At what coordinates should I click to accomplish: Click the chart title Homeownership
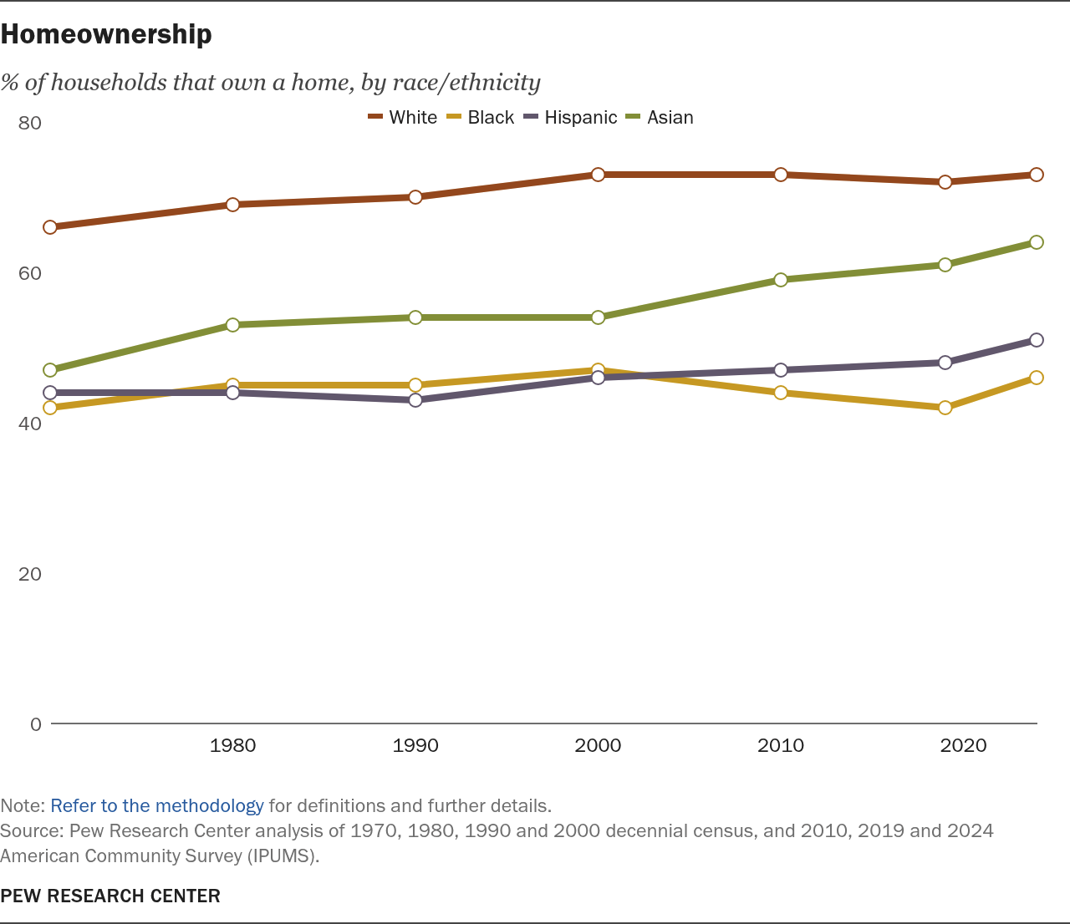pyautogui.click(x=106, y=34)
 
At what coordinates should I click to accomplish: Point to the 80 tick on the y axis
pyautogui.click(x=30, y=123)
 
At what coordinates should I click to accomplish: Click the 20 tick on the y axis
pyautogui.click(x=30, y=574)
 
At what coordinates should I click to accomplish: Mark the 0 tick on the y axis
pyautogui.click(x=35, y=724)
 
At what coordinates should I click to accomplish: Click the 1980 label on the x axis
pyautogui.click(x=233, y=745)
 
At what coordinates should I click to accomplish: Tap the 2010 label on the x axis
pyautogui.click(x=781, y=745)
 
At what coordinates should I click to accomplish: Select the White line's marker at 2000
pyautogui.click(x=598, y=175)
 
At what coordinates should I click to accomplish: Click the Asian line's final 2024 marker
pyautogui.click(x=1037, y=242)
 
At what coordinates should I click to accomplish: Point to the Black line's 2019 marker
pyautogui.click(x=945, y=408)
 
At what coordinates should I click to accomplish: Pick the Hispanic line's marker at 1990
pyautogui.click(x=415, y=400)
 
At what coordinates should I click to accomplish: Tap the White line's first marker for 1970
pyautogui.click(x=50, y=227)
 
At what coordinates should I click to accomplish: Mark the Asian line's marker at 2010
pyautogui.click(x=781, y=280)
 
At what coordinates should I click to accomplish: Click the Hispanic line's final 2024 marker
pyautogui.click(x=1037, y=340)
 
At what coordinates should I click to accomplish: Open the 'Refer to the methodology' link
pyautogui.click(x=157, y=806)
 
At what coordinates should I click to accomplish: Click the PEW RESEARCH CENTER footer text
pyautogui.click(x=110, y=896)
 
